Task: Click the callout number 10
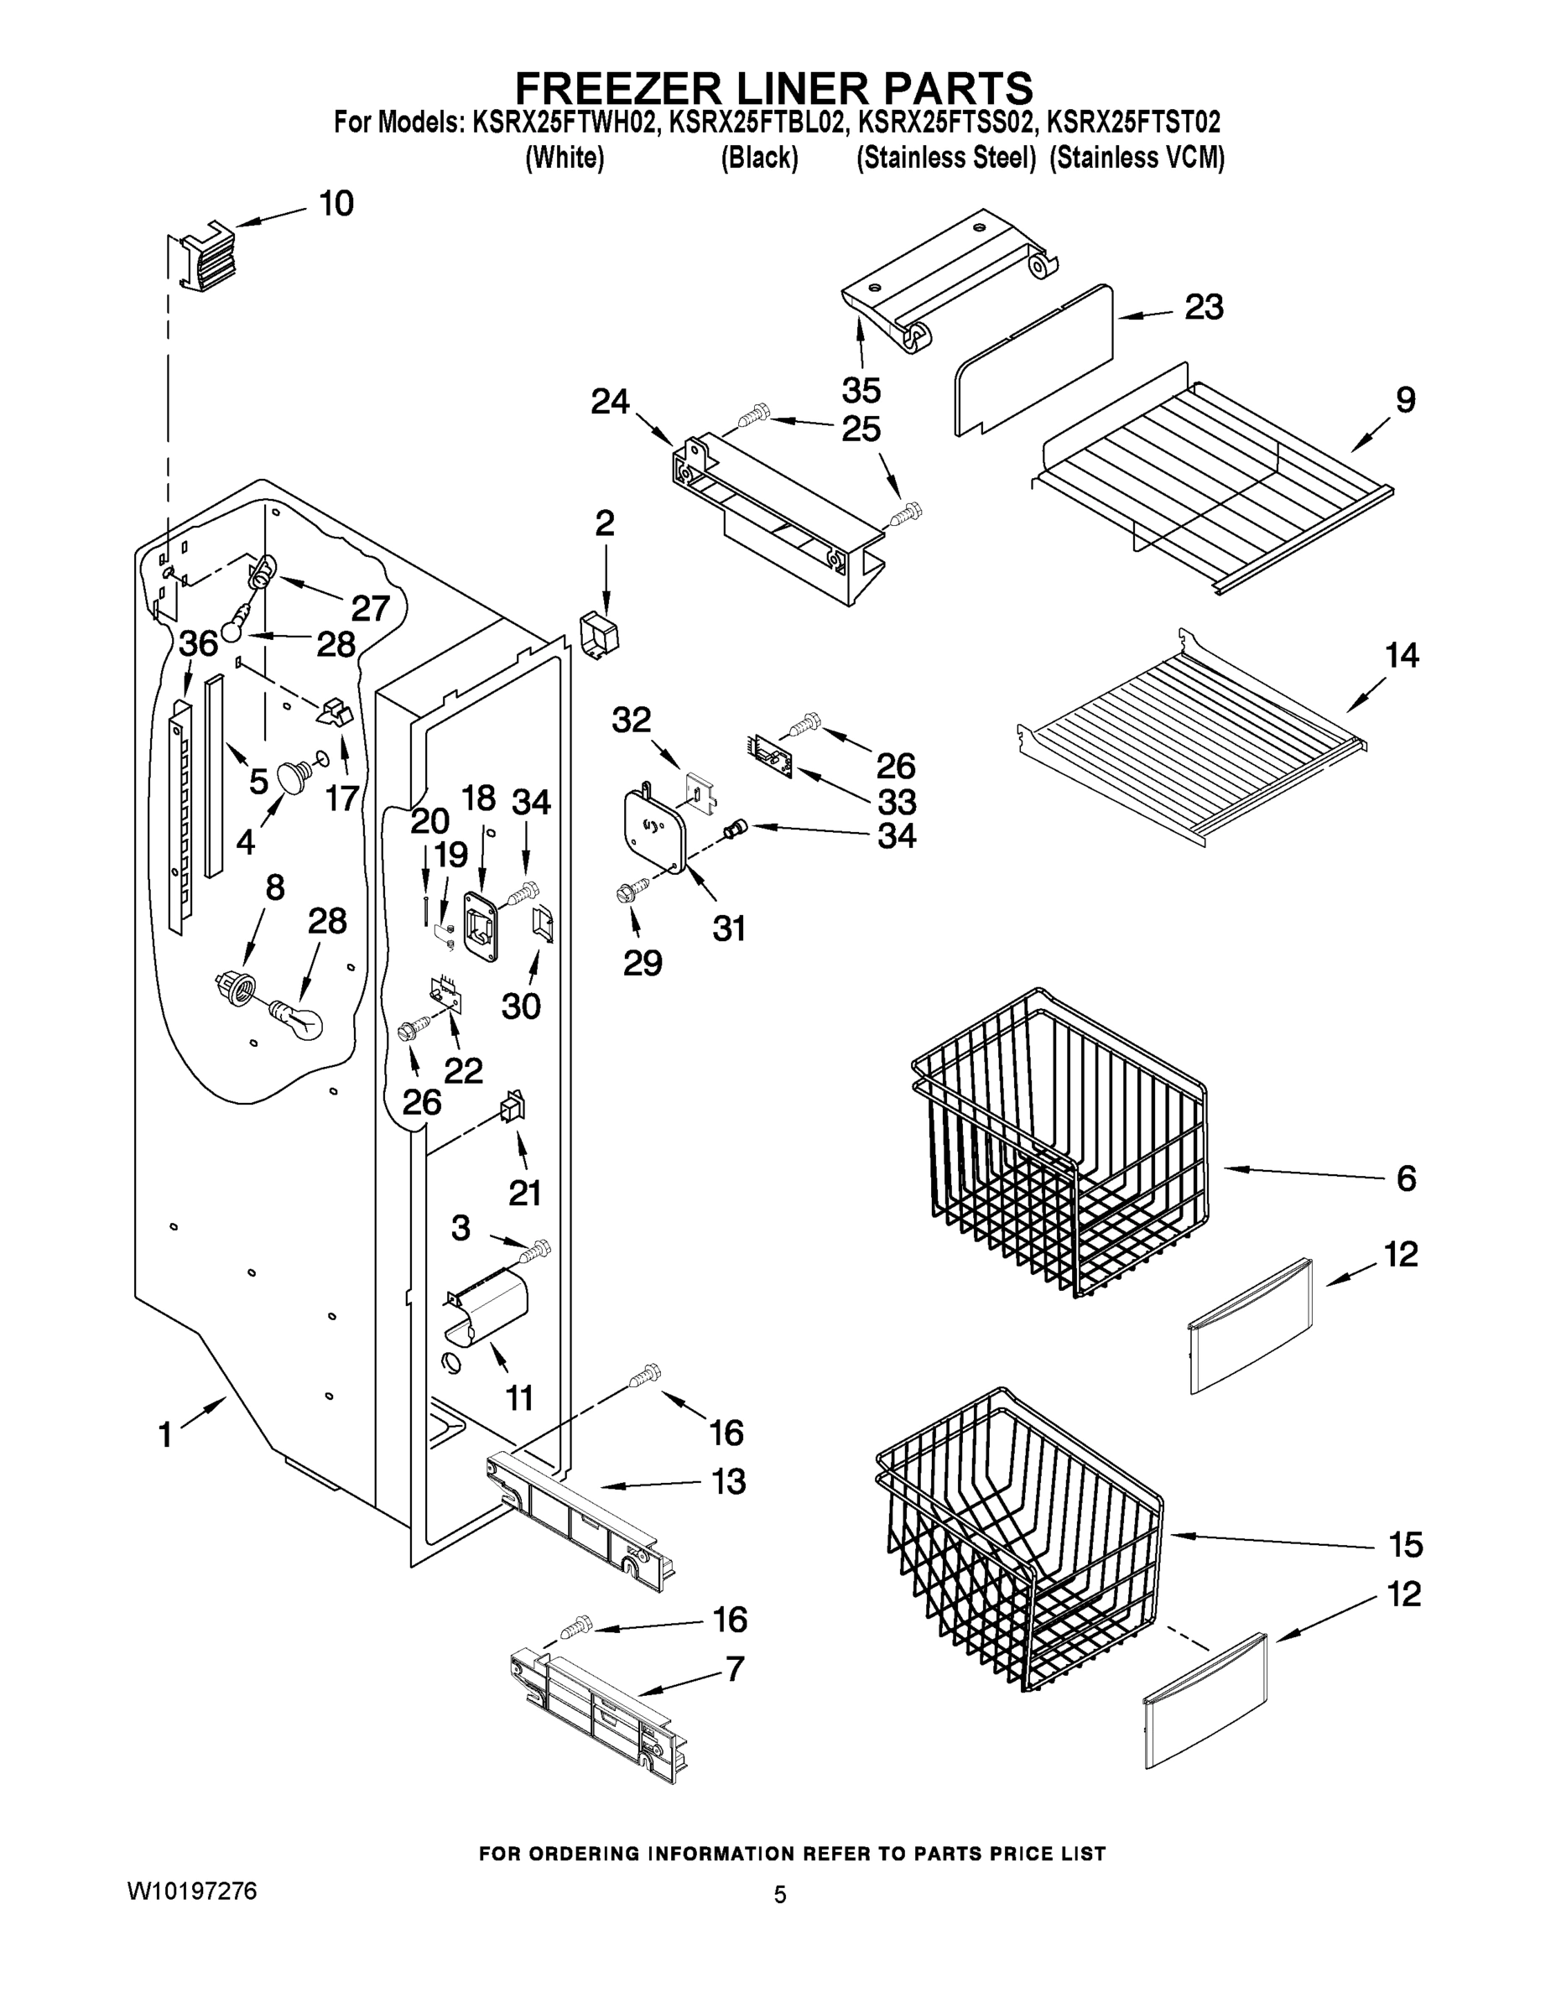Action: [x=336, y=204]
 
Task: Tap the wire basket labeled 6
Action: [x=1060, y=1143]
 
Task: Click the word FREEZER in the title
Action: [x=618, y=90]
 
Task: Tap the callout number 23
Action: [x=1204, y=307]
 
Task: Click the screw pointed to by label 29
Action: [x=634, y=892]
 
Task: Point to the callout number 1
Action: [x=165, y=1434]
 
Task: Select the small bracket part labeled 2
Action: [x=600, y=633]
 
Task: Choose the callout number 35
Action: [x=861, y=390]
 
